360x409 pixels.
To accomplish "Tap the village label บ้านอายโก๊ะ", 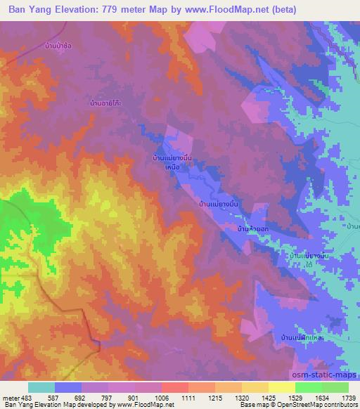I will point(107,103).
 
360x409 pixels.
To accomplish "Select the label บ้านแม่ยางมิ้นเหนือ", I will point(172,162).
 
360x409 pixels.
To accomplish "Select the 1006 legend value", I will point(161,398).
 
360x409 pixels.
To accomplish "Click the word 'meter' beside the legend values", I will point(11,398).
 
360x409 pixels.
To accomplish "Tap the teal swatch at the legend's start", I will point(41,387).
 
